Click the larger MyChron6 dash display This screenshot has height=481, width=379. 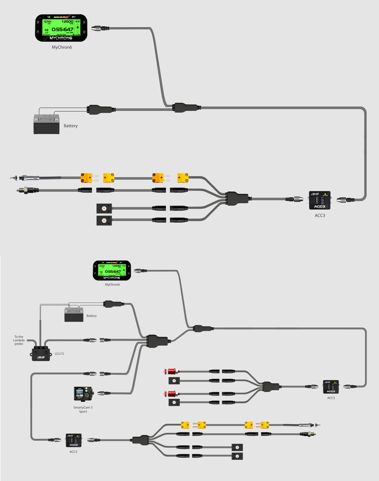click(61, 28)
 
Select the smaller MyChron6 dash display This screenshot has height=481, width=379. click(112, 270)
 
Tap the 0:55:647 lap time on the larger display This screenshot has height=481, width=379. click(63, 29)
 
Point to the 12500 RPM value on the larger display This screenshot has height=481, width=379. click(67, 22)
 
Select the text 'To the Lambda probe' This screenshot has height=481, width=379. click(19, 340)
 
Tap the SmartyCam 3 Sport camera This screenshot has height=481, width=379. click(83, 394)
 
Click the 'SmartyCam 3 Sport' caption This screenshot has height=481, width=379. click(83, 409)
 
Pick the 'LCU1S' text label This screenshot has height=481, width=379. click(59, 354)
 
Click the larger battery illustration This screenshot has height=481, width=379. click(46, 124)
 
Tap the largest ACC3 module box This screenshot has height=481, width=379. click(320, 200)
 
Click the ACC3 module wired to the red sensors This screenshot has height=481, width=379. click(331, 387)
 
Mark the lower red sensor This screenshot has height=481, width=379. click(172, 394)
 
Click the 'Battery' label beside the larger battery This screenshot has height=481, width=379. click(71, 126)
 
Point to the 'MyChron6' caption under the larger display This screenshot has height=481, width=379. click(62, 47)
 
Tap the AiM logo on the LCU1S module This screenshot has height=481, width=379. click(41, 357)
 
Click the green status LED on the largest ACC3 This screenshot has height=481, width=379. click(325, 194)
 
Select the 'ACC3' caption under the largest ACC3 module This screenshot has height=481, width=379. click(320, 216)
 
